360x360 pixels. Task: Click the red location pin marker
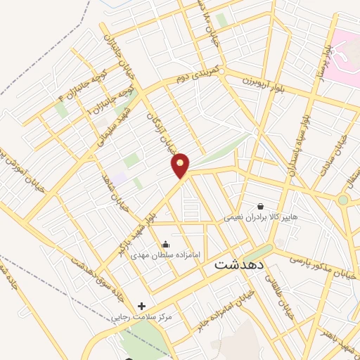181,165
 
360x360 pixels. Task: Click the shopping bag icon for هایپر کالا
261,207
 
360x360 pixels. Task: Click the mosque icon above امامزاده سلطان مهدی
165,244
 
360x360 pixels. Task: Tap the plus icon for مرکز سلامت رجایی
142,306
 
